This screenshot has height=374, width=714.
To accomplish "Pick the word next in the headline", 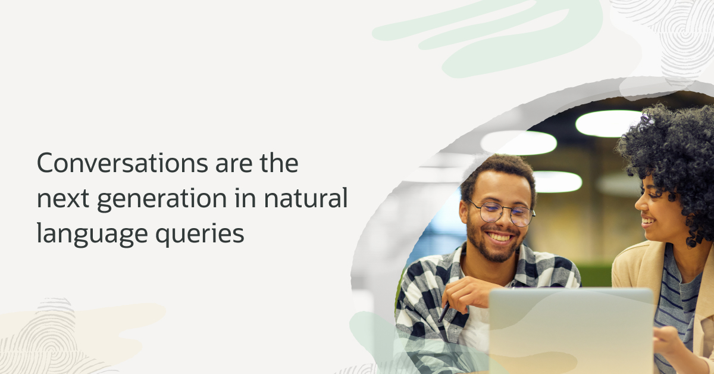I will [x=60, y=199].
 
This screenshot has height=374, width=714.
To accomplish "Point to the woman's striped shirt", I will [x=678, y=298].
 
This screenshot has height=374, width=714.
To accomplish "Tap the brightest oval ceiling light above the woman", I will [x=607, y=123].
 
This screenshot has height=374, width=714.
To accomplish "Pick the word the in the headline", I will [x=278, y=163].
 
